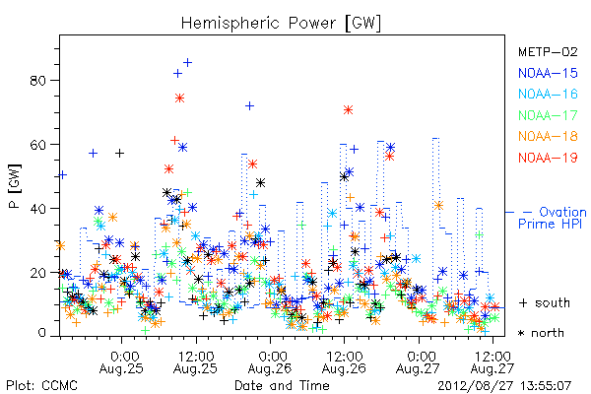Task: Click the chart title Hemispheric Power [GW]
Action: coord(281,24)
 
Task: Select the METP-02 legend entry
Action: coord(548,51)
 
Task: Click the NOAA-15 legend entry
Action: coord(548,73)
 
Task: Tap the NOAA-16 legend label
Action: coord(548,94)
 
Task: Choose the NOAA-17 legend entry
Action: coord(548,115)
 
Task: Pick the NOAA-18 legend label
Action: coord(548,136)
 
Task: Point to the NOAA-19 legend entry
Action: coord(548,158)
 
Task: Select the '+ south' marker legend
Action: coord(545,302)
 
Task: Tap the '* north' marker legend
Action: coord(541,333)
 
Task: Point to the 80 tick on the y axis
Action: coord(37,81)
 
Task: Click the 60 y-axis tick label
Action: coord(37,145)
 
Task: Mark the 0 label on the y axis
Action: coord(41,333)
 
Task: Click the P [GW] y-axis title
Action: coord(16,186)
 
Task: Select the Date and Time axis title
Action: coord(282,386)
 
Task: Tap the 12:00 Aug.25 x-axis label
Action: coord(196,362)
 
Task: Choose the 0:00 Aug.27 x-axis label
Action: coord(419,362)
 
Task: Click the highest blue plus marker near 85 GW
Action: coord(187,63)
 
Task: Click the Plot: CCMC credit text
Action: coord(41,386)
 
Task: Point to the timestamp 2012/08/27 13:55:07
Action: coord(504,386)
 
